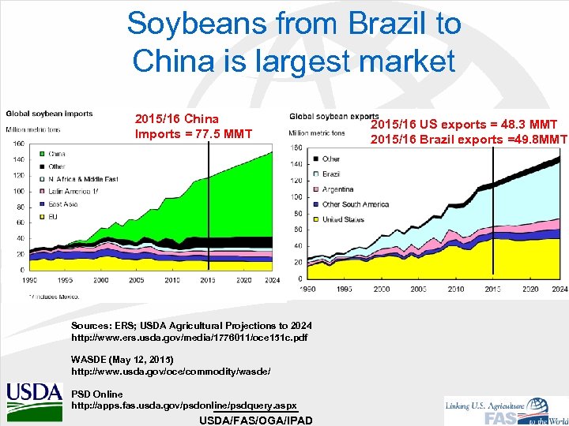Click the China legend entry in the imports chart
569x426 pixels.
56,154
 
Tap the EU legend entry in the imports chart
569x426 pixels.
53,216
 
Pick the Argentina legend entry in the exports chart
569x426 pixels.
337,189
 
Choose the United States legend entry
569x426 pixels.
343,219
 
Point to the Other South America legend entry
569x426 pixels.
355,204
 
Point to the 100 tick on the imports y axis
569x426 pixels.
17,191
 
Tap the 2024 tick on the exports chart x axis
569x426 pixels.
560,290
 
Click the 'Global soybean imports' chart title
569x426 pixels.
49,114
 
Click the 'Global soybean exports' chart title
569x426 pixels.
334,117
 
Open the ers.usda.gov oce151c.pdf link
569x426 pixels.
189,338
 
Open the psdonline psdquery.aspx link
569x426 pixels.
184,405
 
